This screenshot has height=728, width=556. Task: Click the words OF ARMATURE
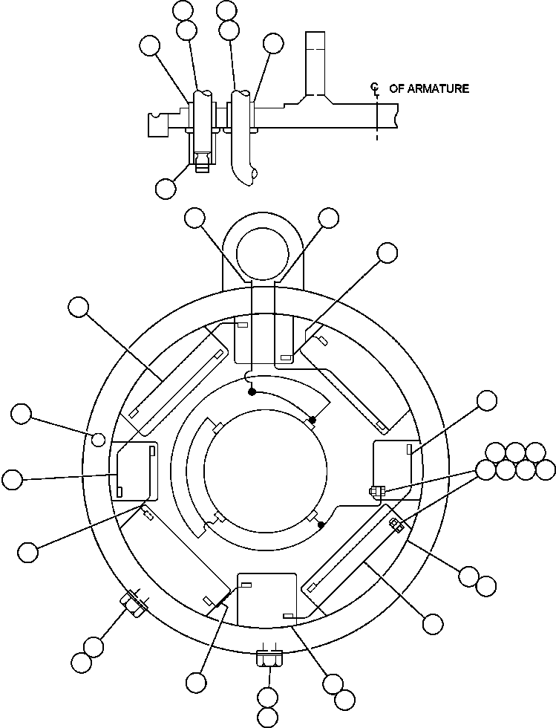[x=429, y=88]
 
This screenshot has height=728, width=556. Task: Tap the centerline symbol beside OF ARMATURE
[x=376, y=89]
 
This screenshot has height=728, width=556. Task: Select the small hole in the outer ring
[x=97, y=439]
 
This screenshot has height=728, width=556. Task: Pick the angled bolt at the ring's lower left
[x=134, y=601]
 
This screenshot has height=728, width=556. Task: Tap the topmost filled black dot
[x=252, y=391]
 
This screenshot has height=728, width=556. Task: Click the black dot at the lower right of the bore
[x=321, y=525]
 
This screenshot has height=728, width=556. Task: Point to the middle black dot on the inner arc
[x=313, y=420]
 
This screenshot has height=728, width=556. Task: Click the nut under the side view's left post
[x=200, y=161]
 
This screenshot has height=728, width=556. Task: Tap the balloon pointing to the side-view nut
[x=166, y=188]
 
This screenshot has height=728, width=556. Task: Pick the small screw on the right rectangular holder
[x=376, y=490]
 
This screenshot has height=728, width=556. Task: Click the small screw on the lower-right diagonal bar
[x=396, y=526]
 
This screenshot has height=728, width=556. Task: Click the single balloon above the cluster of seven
[x=487, y=400]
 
